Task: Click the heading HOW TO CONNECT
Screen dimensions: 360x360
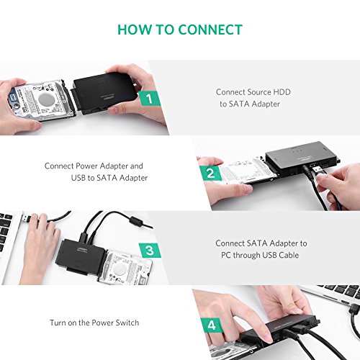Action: (179, 30)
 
